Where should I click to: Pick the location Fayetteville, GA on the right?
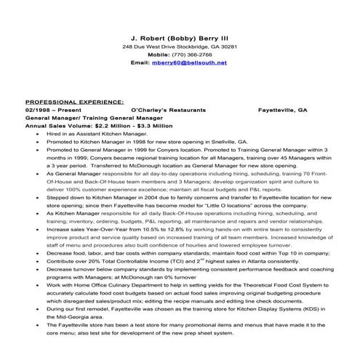pyautogui.click(x=283, y=110)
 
